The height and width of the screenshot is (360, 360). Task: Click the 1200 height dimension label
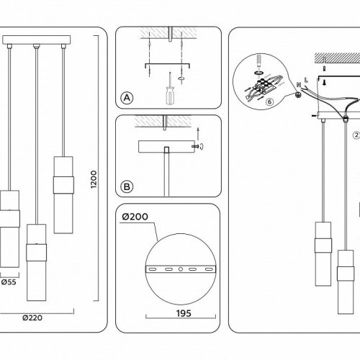(94, 179)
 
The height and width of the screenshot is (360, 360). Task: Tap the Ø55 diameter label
(9, 282)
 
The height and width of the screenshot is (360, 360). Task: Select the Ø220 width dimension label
(32, 318)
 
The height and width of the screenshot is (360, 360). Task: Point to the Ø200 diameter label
(135, 217)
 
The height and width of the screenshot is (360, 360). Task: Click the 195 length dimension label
(184, 313)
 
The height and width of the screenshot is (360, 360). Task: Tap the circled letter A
(127, 98)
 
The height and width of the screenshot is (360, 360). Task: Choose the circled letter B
(127, 186)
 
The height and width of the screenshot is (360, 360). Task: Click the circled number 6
(270, 102)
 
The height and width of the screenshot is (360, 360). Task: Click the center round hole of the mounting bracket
(181, 269)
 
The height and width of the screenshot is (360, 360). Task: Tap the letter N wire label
(299, 84)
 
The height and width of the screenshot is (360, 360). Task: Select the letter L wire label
(306, 80)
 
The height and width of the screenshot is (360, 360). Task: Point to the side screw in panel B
(195, 146)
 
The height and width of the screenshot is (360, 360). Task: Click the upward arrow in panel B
(198, 134)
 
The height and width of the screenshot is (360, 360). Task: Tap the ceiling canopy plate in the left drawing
(37, 40)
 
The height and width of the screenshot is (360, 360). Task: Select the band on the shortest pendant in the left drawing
(63, 185)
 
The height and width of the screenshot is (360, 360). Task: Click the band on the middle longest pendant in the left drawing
(36, 253)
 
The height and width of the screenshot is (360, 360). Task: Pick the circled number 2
(356, 135)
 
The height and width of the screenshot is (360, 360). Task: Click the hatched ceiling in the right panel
(337, 58)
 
